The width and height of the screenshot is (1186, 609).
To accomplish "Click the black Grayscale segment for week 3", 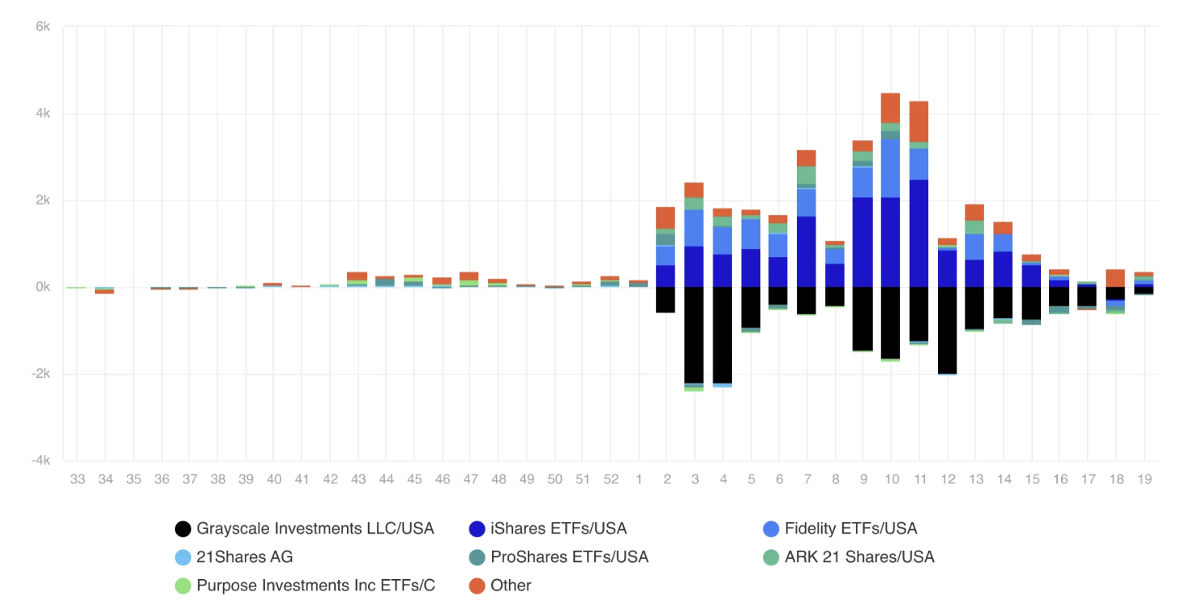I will click(694, 334).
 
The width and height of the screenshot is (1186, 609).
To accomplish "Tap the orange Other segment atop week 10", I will click(890, 108).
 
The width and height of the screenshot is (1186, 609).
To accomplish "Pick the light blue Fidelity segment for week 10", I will click(890, 168).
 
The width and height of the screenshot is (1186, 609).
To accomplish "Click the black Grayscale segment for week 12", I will click(947, 330).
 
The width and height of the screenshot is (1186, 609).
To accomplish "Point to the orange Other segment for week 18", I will click(1115, 278).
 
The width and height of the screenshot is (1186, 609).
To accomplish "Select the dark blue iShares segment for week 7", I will click(806, 251).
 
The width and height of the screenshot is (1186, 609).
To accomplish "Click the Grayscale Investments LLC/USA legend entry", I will click(315, 529).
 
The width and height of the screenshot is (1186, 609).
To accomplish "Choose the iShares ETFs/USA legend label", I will click(559, 529).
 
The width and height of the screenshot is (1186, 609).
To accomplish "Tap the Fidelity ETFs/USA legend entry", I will click(850, 529).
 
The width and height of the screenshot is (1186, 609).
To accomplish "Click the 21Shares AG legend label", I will click(245, 557).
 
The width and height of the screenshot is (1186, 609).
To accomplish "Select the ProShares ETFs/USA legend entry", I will click(569, 557).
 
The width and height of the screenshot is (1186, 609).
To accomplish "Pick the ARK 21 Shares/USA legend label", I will click(859, 557).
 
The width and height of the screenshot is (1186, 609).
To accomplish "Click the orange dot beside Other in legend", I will click(477, 585).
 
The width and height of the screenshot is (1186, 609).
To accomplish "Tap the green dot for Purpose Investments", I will click(183, 585).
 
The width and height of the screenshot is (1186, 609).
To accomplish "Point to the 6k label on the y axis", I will click(42, 27).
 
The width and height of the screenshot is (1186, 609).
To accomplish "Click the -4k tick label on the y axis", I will click(40, 461).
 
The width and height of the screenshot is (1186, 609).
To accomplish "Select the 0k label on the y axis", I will click(42, 287).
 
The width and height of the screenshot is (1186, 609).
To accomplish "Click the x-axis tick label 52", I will click(610, 479).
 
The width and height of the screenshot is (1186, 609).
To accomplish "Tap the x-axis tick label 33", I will click(77, 479).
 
